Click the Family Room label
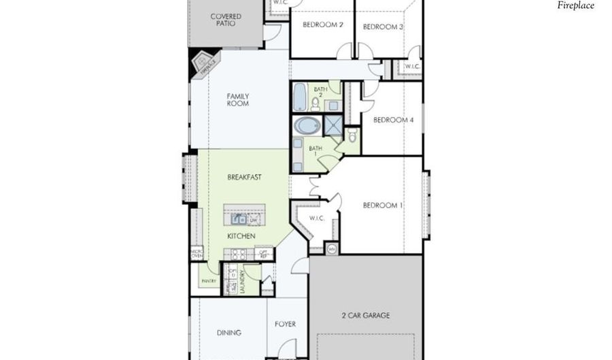[x=237, y=100]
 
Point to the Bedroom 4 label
[x=394, y=120]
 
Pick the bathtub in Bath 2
[x=300, y=97]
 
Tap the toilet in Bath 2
[x=316, y=104]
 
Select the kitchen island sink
[x=239, y=219]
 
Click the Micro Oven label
[x=197, y=254]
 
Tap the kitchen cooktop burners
[x=239, y=254]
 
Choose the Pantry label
[x=208, y=280]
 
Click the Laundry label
[x=242, y=280]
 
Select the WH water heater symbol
[x=332, y=248]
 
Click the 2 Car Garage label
[x=366, y=315]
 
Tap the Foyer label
[x=285, y=324]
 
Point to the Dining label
[x=228, y=333]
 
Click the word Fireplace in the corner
[x=575, y=5]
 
